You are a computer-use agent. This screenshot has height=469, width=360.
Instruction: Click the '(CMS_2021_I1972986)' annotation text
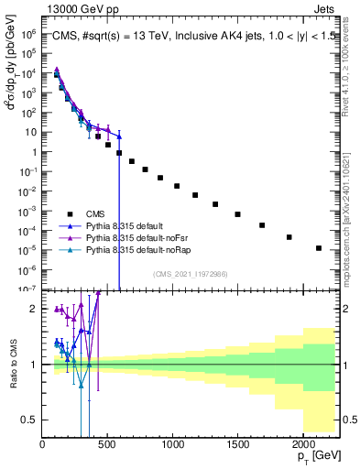[191, 273]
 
